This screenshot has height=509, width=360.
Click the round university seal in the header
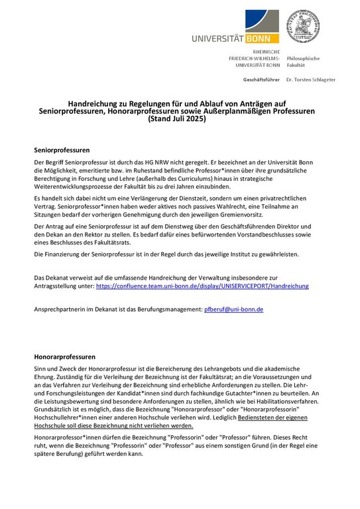303,27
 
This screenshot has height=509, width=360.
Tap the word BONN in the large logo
264,38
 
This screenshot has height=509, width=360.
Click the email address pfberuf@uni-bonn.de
235,310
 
